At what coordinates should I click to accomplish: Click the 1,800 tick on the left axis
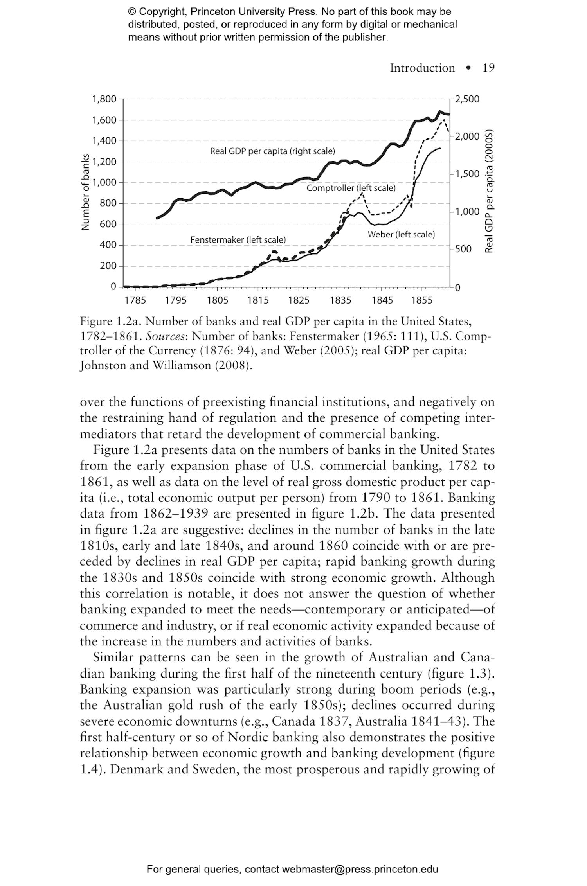[104, 99]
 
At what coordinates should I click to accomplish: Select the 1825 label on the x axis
[299, 300]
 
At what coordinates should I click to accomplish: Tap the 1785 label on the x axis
[135, 300]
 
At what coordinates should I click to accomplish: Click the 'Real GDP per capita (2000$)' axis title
[489, 191]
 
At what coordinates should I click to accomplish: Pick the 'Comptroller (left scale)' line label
[351, 188]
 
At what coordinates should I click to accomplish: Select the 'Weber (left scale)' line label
[401, 235]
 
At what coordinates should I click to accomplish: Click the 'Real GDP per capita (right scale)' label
[272, 151]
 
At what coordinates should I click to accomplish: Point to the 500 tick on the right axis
[463, 249]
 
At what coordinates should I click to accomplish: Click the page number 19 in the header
[488, 68]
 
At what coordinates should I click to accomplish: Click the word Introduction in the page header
[422, 68]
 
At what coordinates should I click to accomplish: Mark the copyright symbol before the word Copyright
[132, 12]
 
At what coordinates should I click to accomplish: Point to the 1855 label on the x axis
[422, 300]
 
